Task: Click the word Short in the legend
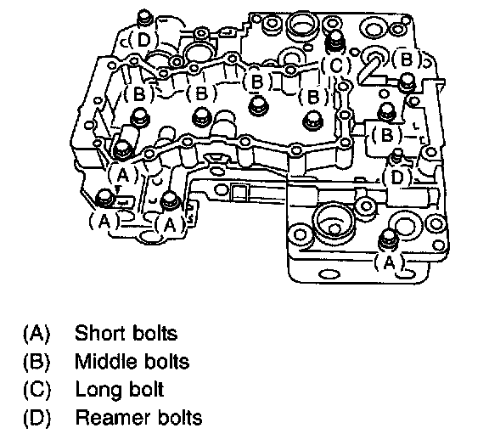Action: (x=100, y=333)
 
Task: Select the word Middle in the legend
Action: (x=104, y=362)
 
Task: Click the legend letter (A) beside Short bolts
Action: (x=37, y=334)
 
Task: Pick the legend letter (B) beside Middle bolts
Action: (x=37, y=362)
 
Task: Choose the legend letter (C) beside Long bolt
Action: (x=37, y=390)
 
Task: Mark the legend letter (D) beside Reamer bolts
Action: (x=37, y=418)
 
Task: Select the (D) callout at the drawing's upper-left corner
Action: (x=143, y=40)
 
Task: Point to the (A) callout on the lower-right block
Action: (x=389, y=262)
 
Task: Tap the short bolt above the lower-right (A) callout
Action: (x=388, y=239)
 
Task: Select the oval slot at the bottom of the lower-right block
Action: (x=329, y=274)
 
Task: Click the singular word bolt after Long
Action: (x=148, y=390)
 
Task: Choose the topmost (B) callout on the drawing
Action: (x=406, y=59)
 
